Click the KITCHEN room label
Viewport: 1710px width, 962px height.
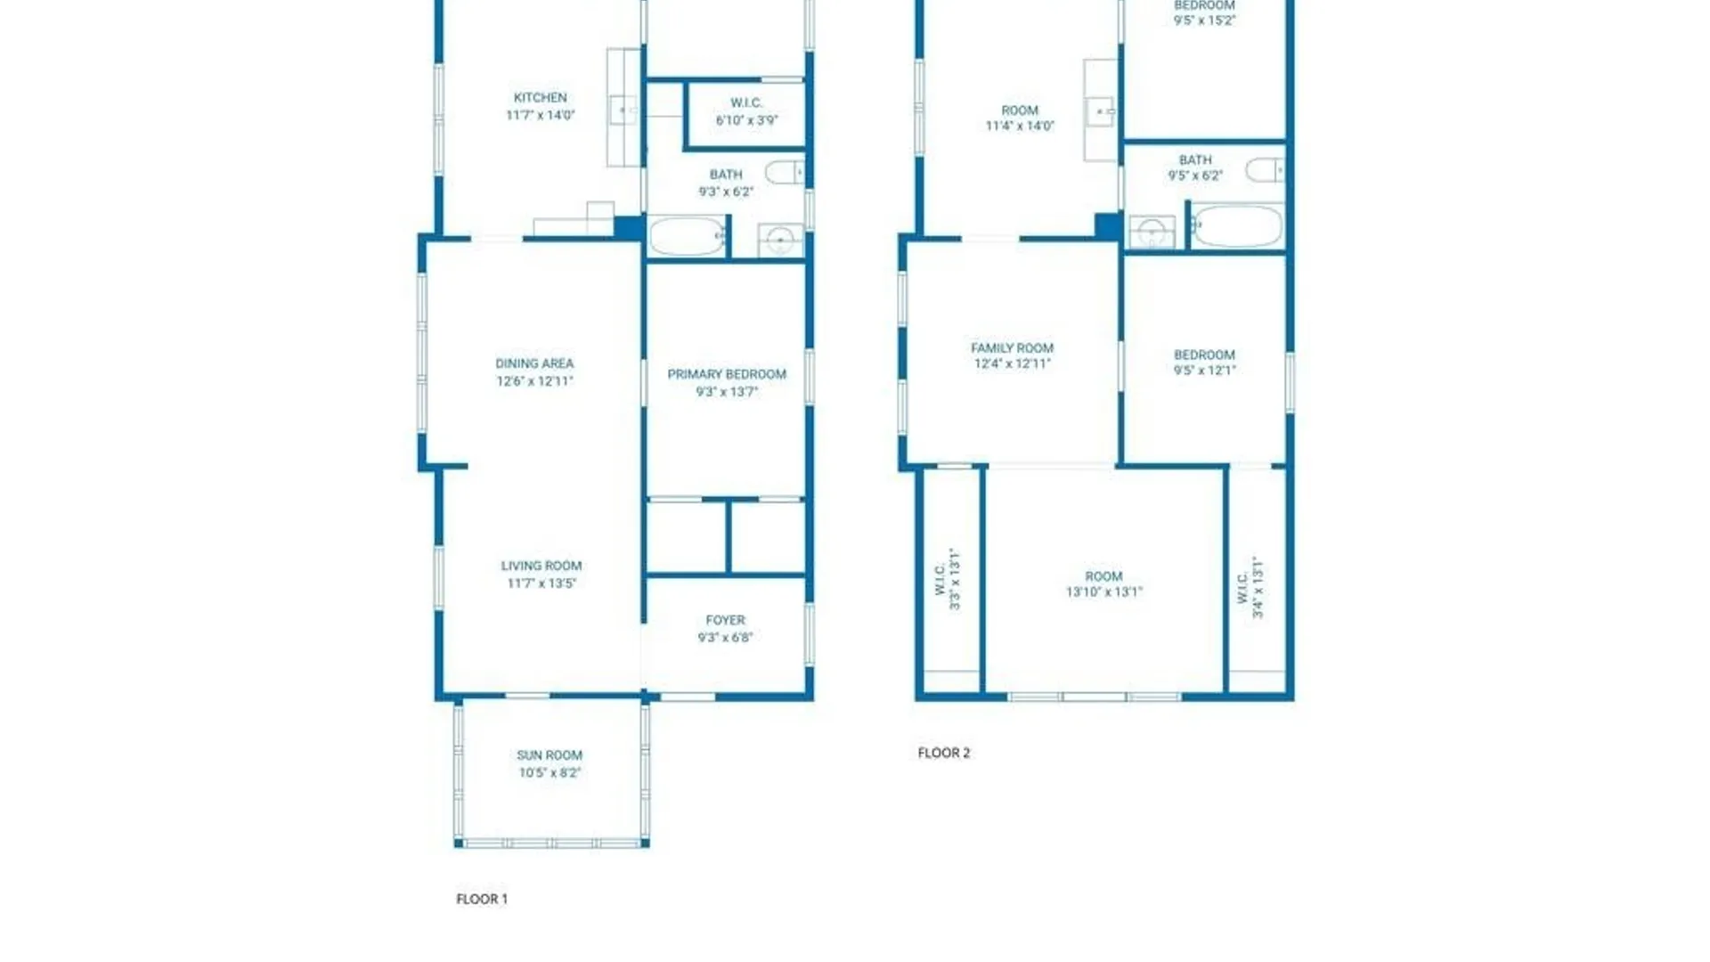[541, 98]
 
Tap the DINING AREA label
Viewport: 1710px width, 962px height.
[534, 363]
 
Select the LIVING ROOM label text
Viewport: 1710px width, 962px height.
[541, 566]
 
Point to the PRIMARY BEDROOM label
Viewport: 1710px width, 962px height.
[727, 374]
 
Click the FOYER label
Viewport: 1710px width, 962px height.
[726, 620]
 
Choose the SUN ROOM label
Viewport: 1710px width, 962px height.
[550, 755]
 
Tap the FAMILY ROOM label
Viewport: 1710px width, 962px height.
[1012, 348]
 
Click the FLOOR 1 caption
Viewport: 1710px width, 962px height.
[482, 900]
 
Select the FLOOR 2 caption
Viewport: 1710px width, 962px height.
[944, 753]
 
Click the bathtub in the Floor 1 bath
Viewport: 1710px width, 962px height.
[687, 237]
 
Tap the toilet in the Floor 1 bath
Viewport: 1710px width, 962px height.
[785, 172]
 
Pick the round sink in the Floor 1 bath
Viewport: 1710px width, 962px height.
[780, 240]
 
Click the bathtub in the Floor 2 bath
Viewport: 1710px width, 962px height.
[1238, 226]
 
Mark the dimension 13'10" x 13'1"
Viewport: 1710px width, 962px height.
[1104, 592]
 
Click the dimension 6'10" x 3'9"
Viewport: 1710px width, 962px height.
[747, 120]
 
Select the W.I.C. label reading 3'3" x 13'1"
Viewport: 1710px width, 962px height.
[948, 579]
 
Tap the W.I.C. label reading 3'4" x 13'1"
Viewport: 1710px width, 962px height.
[1250, 587]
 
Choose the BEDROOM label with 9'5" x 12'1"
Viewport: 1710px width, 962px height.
[1204, 363]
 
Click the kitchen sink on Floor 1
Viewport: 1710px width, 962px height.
[623, 110]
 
